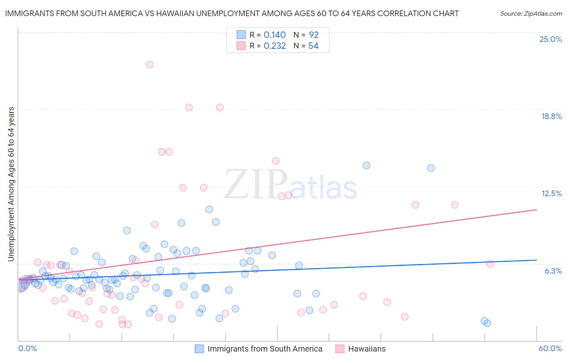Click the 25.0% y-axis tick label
(x=550, y=39)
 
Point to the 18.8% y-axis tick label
(x=551, y=116)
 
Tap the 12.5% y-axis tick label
(x=551, y=193)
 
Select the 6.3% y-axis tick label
(x=553, y=271)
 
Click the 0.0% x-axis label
(x=27, y=348)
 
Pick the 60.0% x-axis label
(x=550, y=348)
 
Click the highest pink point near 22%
(x=150, y=65)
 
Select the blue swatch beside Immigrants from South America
(x=199, y=349)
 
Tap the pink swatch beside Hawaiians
(x=340, y=349)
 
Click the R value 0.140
(x=275, y=35)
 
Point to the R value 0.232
(x=275, y=46)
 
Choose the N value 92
(x=314, y=35)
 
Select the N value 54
(x=313, y=46)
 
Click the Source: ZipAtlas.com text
(x=531, y=13)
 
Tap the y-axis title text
(x=11, y=184)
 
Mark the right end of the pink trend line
(x=536, y=209)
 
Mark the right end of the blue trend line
(x=536, y=260)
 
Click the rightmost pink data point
(x=490, y=264)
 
